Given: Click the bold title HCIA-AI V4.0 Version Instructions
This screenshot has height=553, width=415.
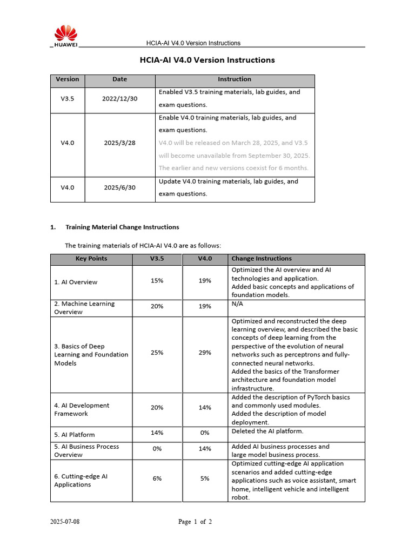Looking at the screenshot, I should click(207, 60).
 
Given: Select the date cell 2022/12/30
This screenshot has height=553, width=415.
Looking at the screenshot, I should click(120, 99).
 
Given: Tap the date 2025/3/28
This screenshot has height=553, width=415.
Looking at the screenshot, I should click(120, 143).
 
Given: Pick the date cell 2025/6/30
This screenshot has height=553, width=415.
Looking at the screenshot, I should click(120, 188).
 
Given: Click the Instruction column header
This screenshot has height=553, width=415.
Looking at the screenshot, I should click(235, 79).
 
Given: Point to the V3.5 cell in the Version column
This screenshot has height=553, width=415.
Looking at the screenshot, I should click(68, 99).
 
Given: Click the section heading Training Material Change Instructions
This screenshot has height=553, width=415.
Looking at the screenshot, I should click(122, 227).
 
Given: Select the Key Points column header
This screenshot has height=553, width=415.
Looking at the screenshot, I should click(91, 259).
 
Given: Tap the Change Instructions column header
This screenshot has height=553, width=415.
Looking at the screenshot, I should click(262, 259).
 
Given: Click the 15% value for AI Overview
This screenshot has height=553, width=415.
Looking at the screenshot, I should click(157, 281).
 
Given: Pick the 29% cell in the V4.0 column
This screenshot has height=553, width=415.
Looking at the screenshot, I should click(205, 353).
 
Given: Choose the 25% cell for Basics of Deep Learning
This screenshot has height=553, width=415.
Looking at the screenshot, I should click(157, 353).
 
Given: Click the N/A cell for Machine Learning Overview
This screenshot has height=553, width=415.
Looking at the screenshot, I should click(237, 304).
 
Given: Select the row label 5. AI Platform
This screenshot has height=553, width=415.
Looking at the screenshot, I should click(75, 435).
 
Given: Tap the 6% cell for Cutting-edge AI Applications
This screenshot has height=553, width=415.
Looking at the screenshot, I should click(157, 478).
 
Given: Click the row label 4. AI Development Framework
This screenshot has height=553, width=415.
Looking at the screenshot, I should click(82, 409).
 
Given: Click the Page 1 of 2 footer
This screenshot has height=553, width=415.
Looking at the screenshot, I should click(195, 522).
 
